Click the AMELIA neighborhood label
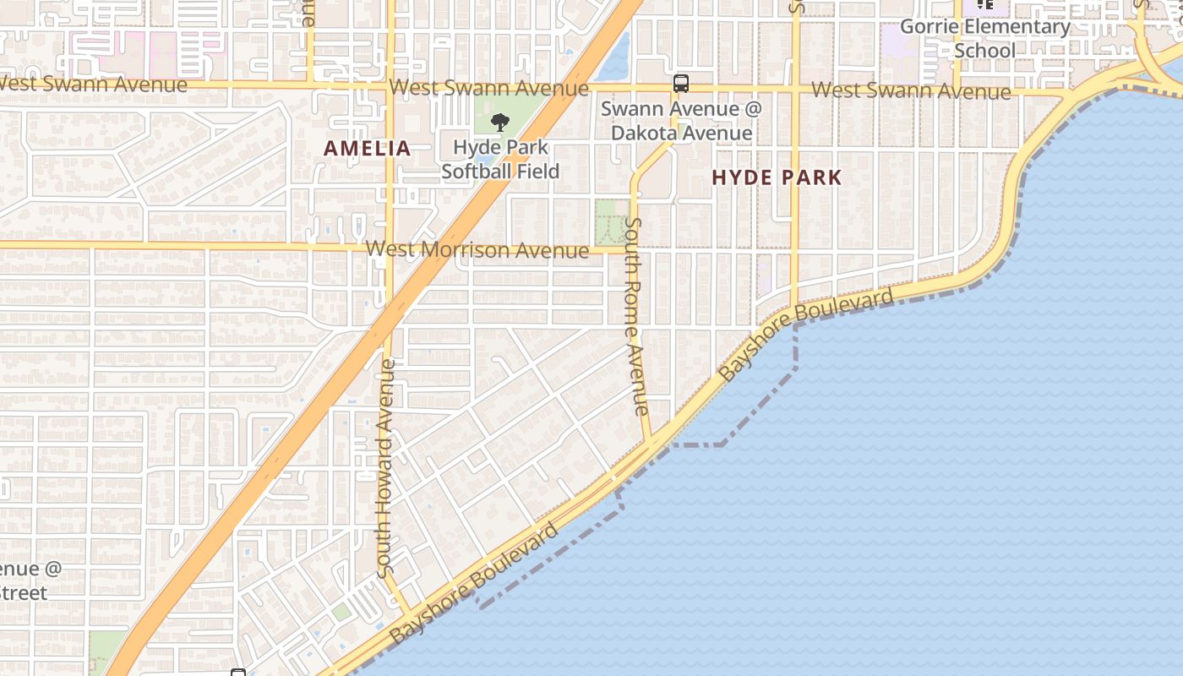point(368,149)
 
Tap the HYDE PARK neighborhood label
point(777,177)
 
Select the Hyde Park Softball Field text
point(500,159)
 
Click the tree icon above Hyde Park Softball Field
point(499,122)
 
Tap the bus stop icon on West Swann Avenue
point(681,83)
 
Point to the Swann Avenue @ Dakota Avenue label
point(681,121)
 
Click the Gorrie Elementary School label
point(984,38)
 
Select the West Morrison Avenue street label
point(477,250)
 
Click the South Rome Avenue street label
point(635,317)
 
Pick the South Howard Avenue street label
point(385,469)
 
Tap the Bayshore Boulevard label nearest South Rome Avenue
point(804,335)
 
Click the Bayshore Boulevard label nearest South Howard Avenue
point(473,583)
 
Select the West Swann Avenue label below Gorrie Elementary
point(911,90)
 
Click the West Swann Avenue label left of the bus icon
point(489,88)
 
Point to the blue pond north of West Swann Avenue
point(617,57)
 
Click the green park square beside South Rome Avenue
point(611,221)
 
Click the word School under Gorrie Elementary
point(984,51)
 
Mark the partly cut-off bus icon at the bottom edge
point(238,672)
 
